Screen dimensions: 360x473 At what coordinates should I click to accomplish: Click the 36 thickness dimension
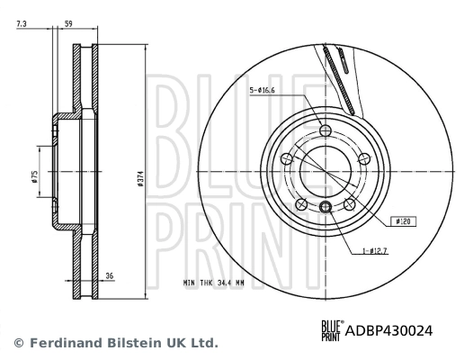tap(110, 276)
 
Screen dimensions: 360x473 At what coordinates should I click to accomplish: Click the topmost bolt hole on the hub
tap(326, 131)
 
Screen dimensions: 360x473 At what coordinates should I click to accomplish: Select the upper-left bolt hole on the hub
tap(287, 159)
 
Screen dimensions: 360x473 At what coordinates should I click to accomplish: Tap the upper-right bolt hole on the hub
tap(364, 159)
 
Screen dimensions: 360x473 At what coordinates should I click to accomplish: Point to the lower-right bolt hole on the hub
tap(349, 205)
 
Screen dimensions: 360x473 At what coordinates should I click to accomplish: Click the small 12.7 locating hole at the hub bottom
tap(326, 209)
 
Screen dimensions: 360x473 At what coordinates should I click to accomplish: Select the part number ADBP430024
tap(389, 330)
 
